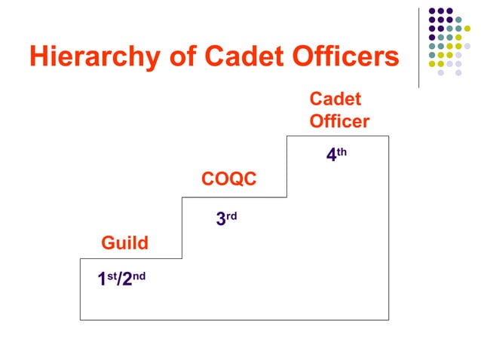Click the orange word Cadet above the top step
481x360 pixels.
coord(335,99)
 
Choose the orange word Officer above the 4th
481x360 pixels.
coord(339,121)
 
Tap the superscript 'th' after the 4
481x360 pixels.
coord(342,151)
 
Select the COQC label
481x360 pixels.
coord(229,179)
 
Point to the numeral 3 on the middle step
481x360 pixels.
coord(221,219)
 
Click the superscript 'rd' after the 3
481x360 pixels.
coord(231,215)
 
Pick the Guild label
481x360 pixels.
coord(125,243)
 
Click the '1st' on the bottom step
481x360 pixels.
coord(107,279)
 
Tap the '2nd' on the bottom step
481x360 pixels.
coord(134,279)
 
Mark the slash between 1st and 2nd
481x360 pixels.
coord(119,279)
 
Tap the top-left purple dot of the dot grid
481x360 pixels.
coord(432,11)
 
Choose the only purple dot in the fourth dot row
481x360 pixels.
coord(432,42)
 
